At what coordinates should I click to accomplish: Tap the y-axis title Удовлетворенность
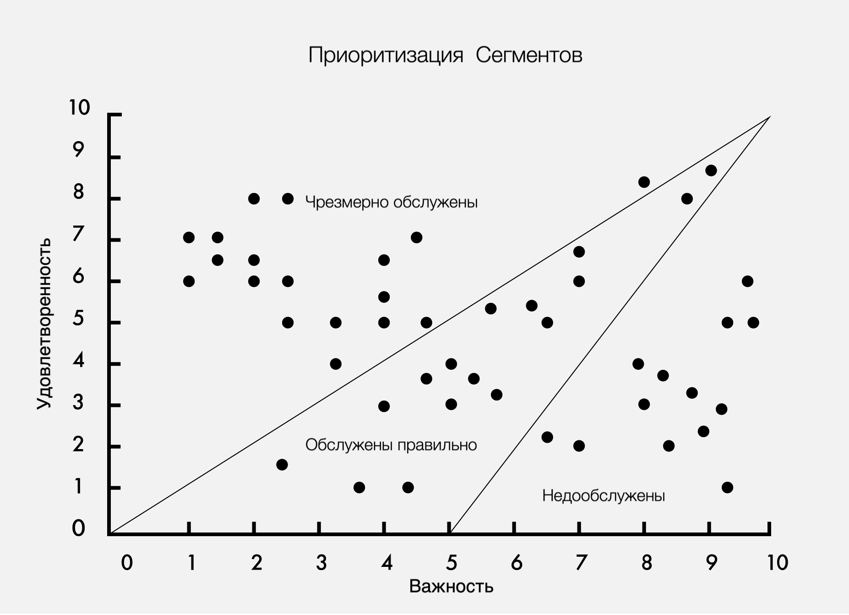pos(44,323)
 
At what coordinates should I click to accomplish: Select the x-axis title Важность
pos(451,587)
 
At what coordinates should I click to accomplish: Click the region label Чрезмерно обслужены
pos(392,202)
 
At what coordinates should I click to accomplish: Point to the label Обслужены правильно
pos(391,445)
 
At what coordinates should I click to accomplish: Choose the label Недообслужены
pos(603,496)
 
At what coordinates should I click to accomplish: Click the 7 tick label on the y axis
pos(78,235)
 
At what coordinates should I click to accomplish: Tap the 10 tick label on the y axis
pos(79,108)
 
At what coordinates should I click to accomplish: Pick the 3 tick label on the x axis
pos(321,562)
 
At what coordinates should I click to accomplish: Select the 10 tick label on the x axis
pos(777,562)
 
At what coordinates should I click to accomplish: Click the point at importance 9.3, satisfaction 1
pos(727,487)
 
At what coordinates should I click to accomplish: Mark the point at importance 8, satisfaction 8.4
pos(644,182)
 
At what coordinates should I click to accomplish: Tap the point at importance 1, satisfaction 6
pos(189,281)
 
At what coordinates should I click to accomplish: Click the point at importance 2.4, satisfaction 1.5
pos(282,465)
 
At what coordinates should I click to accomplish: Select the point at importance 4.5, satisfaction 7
pos(416,237)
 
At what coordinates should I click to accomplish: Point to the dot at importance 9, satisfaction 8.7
pos(711,170)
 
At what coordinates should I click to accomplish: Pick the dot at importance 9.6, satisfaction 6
pos(747,281)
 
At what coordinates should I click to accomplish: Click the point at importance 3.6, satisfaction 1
pos(359,487)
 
